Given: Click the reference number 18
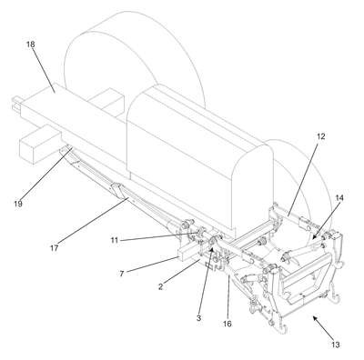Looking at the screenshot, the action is [x=31, y=45].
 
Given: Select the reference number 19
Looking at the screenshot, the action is [x=18, y=204].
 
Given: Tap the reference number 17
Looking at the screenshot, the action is [x=55, y=248].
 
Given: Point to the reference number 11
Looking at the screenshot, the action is [x=114, y=241].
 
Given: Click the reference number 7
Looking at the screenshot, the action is [x=122, y=274].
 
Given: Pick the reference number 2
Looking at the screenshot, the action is [x=161, y=286].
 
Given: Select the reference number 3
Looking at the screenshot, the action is [x=198, y=318].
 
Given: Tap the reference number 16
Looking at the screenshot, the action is [x=227, y=324].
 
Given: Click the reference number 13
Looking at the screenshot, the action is [x=336, y=345].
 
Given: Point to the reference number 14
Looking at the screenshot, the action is [x=339, y=198].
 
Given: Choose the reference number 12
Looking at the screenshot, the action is [x=321, y=136].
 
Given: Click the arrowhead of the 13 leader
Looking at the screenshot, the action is [x=314, y=318].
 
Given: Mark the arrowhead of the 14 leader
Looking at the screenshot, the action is [x=314, y=238].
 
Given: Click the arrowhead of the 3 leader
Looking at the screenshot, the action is [x=212, y=248].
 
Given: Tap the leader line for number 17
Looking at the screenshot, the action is [x=93, y=220].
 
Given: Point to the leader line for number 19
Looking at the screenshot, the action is [x=46, y=173].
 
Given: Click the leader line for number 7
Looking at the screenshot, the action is [x=152, y=265].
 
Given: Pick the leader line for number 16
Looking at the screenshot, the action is [x=228, y=296].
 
